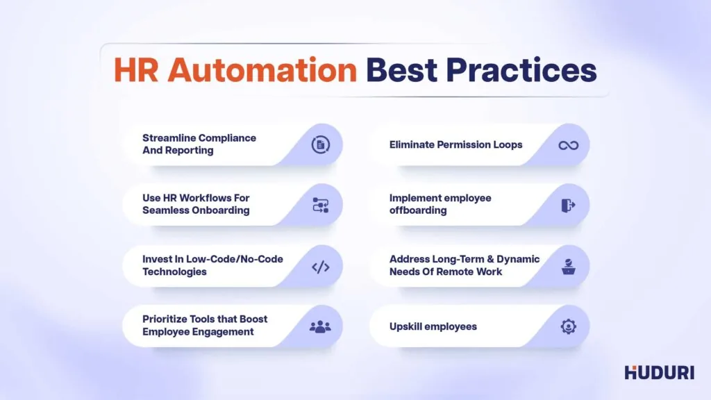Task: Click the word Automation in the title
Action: pyautogui.click(x=262, y=70)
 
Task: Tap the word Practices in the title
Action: pyautogui.click(x=521, y=70)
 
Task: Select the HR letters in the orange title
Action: pyautogui.click(x=136, y=70)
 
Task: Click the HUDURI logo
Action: pyautogui.click(x=660, y=372)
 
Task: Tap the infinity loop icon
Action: pyautogui.click(x=568, y=145)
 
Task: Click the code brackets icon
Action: pyautogui.click(x=321, y=267)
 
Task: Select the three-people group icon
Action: pyautogui.click(x=320, y=326)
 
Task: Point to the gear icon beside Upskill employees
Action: pyautogui.click(x=568, y=326)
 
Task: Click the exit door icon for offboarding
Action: pyautogui.click(x=568, y=206)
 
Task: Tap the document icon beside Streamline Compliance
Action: pyautogui.click(x=321, y=145)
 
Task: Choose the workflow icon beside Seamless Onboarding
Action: pyautogui.click(x=321, y=206)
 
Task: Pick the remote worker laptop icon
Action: pyautogui.click(x=568, y=267)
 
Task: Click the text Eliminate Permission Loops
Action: pyautogui.click(x=455, y=144)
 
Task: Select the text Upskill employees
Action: pyautogui.click(x=433, y=326)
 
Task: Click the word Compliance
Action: pyautogui.click(x=228, y=138)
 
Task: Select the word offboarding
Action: pyautogui.click(x=418, y=210)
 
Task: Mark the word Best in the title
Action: pyautogui.click(x=402, y=70)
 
